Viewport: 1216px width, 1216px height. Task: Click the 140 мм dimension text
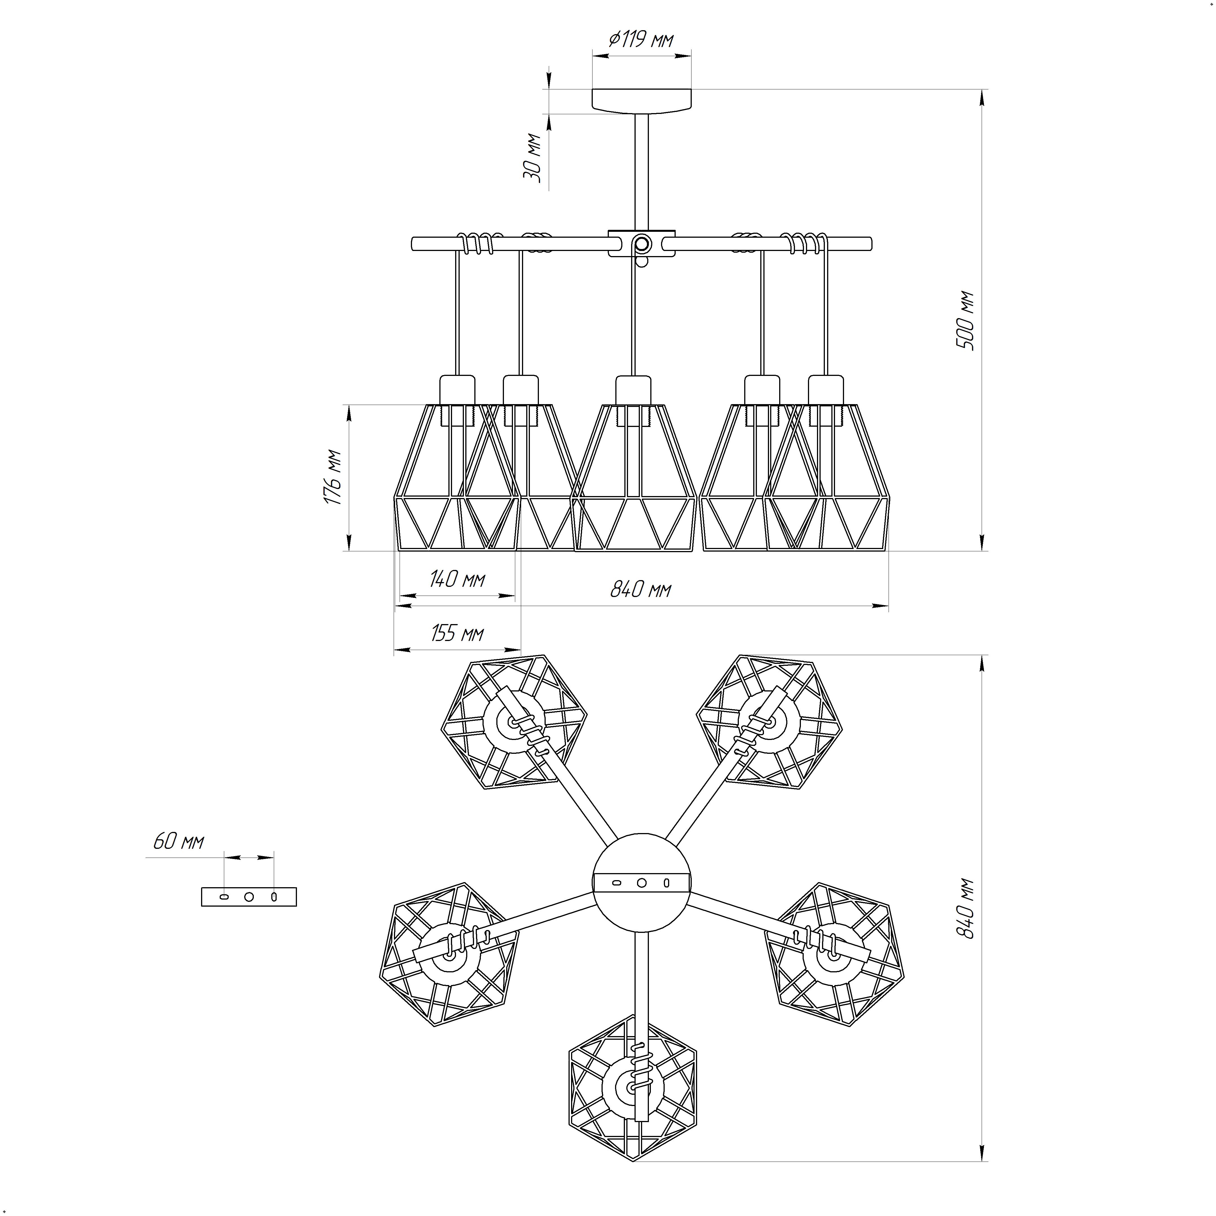pyautogui.click(x=457, y=578)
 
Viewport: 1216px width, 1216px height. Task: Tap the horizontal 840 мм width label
pyautogui.click(x=641, y=589)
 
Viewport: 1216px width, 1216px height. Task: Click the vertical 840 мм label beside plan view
pyautogui.click(x=965, y=908)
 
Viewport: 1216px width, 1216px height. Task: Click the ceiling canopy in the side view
pyautogui.click(x=641, y=101)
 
